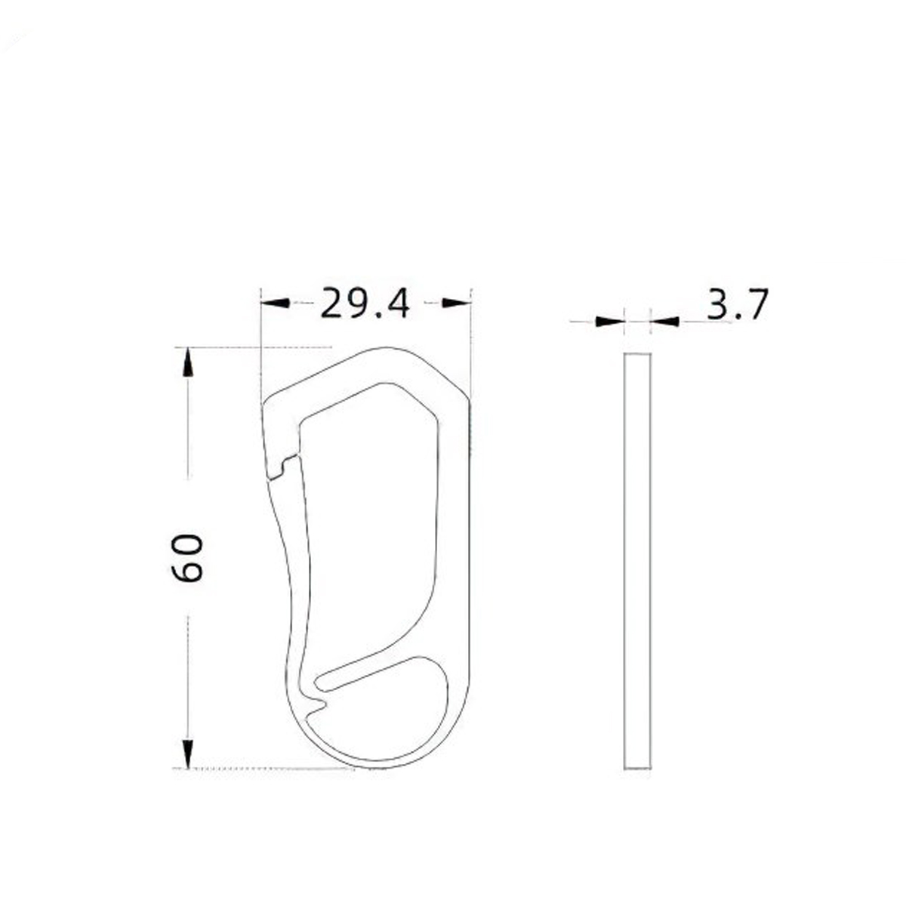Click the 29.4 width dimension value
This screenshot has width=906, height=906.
tap(365, 304)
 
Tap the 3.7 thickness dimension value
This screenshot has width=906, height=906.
tap(737, 304)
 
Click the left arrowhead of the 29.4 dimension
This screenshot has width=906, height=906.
tap(275, 303)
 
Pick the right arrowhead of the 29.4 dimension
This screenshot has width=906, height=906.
tap(456, 303)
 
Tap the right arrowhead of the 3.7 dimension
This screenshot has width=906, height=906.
tap(664, 322)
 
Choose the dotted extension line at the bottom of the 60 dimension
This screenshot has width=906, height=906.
tap(272, 769)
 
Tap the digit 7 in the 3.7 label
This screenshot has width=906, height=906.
tap(753, 304)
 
